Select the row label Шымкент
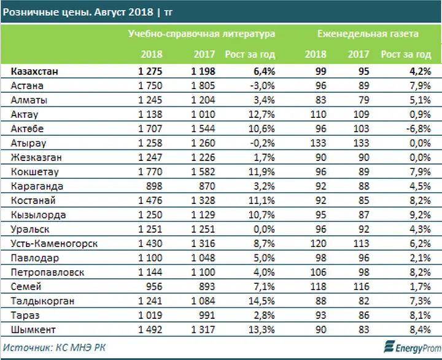(x=33, y=329)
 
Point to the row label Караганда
(x=36, y=186)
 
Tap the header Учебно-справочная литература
(x=201, y=34)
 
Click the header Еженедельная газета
(x=368, y=34)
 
